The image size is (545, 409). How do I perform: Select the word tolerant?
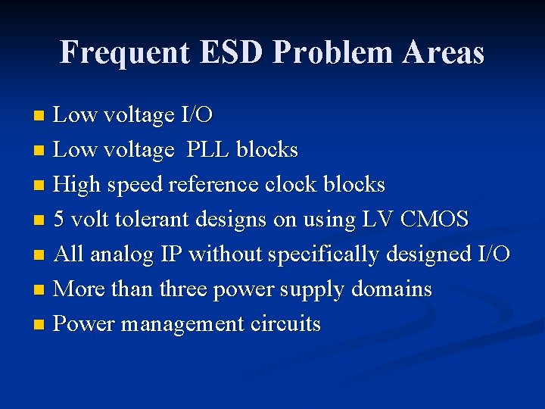click(150, 220)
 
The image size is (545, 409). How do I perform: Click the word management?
click(182, 325)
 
